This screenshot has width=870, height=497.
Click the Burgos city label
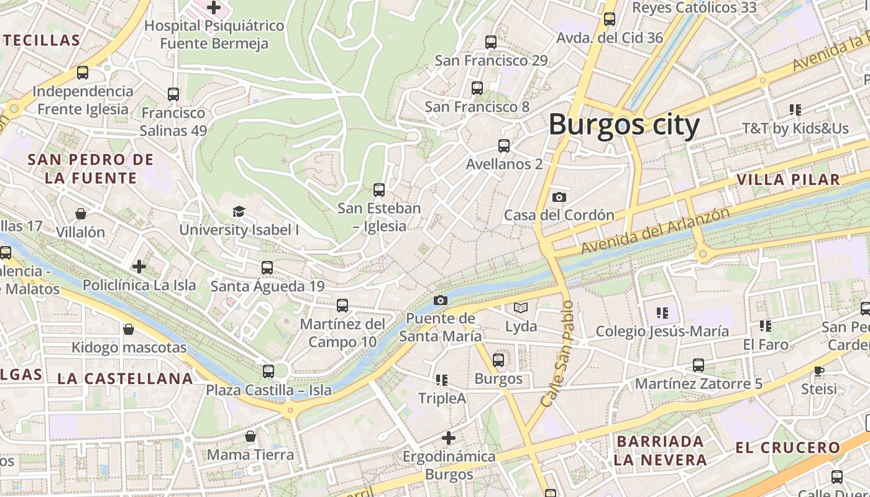point(624,125)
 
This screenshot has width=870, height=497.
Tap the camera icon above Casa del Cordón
point(559,197)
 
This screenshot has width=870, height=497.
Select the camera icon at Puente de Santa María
point(440,301)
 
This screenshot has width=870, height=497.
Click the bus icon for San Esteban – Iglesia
point(379,190)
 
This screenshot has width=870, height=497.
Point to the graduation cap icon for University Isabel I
point(239,212)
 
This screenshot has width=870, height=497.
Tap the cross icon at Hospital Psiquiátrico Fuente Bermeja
point(214,7)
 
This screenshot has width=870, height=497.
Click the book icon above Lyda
point(521,308)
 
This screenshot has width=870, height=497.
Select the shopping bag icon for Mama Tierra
point(250,437)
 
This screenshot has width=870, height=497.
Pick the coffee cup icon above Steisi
point(819,371)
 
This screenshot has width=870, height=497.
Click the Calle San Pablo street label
point(557,354)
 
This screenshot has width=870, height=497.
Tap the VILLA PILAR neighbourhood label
point(788,180)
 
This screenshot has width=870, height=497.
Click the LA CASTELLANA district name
point(125,378)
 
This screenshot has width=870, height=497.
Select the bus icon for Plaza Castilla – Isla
point(268,372)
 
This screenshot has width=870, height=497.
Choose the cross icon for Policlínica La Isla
point(139,267)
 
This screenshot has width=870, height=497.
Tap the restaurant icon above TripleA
point(442,380)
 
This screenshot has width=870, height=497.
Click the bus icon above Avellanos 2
point(504,146)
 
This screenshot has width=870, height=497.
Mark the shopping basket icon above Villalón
point(81,214)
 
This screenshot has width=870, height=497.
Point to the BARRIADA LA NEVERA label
point(660,450)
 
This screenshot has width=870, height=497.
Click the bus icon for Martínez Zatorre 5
point(698,365)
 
